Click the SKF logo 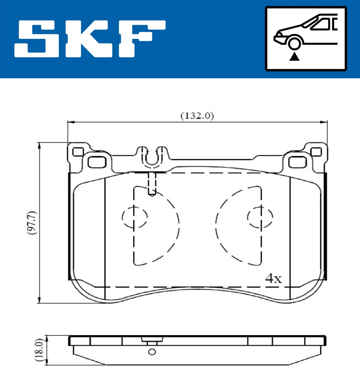click(90, 39)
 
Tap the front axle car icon click(306, 39)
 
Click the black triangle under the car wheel click(294, 56)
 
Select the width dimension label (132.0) click(197, 115)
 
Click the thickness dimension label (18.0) click(40, 350)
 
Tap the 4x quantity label click(273, 279)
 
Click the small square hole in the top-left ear click(78, 152)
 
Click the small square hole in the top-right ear click(316, 152)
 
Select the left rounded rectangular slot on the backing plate click(97, 162)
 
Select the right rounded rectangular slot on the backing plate click(297, 162)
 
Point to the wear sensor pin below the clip click(152, 184)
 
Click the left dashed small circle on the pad click(135, 217)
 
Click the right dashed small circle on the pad click(260, 217)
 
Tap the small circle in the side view click(152, 352)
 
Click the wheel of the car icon click(294, 43)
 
